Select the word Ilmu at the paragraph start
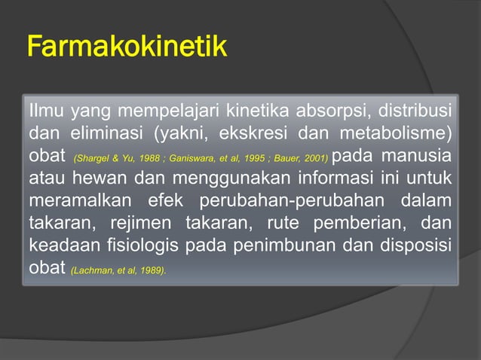[46, 114]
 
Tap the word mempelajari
[159, 114]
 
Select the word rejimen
[123, 225]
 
